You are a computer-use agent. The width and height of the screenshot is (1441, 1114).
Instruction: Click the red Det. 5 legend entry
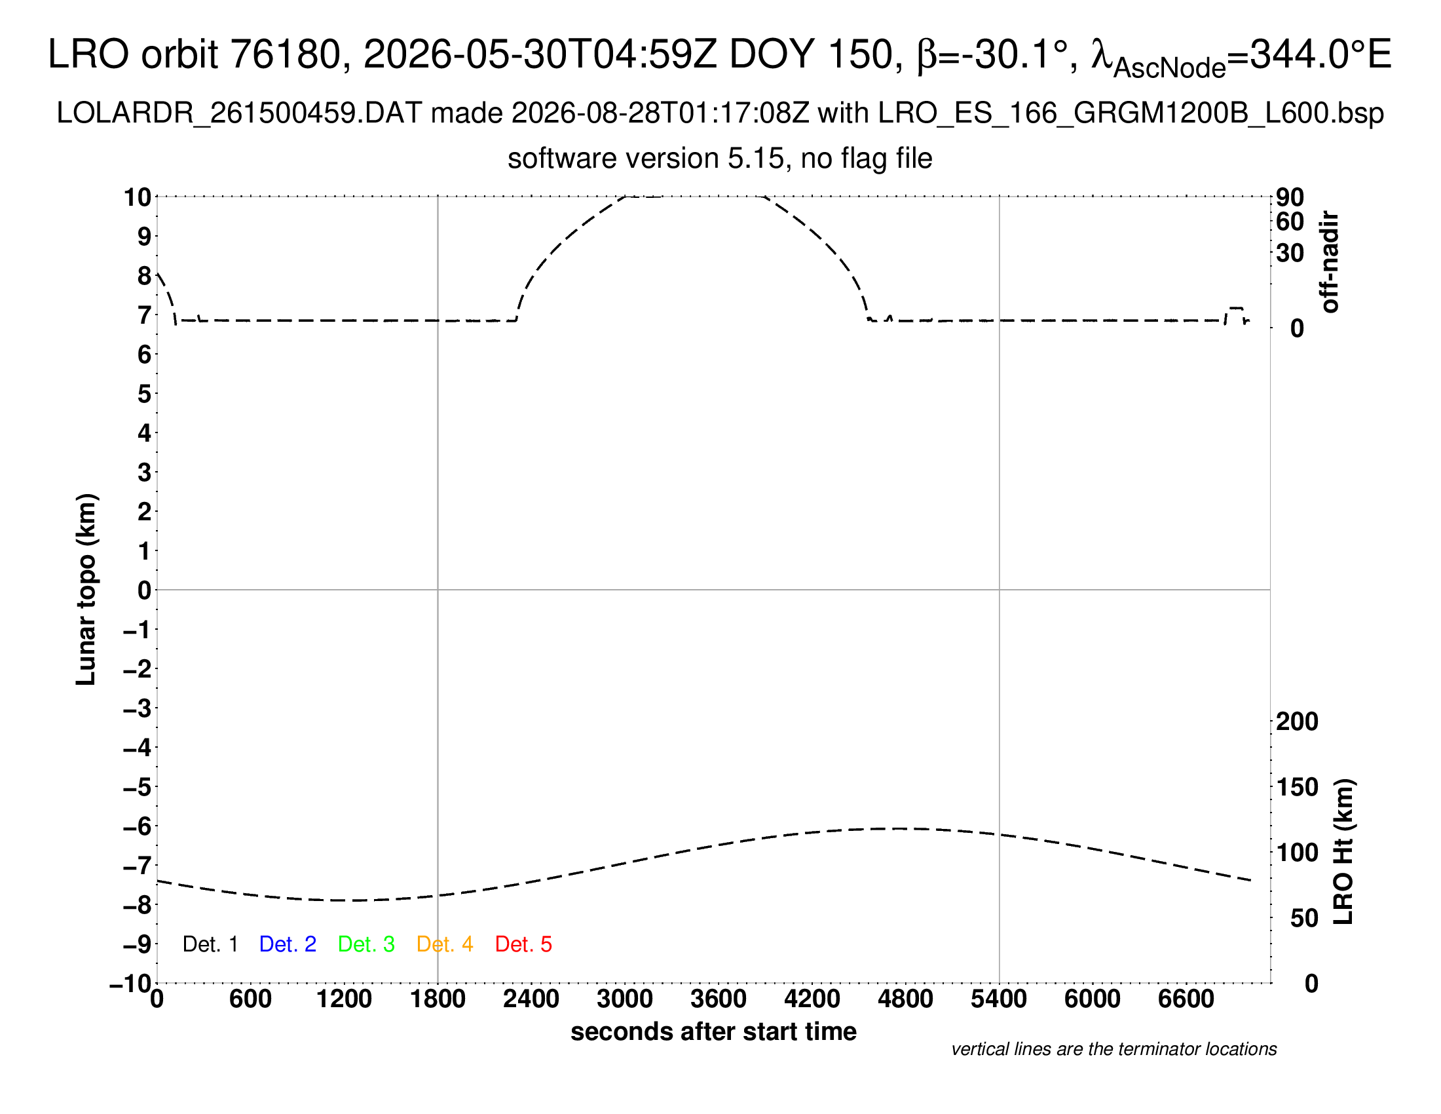[x=523, y=944]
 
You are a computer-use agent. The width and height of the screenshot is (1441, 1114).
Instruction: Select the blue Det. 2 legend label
[x=288, y=944]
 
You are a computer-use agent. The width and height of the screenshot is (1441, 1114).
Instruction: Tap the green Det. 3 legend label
[x=366, y=944]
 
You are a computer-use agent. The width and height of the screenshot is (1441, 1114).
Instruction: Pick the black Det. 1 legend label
[x=210, y=944]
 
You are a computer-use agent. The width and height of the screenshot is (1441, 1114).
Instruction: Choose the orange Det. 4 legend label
[x=445, y=944]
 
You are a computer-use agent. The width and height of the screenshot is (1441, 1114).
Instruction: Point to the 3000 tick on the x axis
[x=625, y=999]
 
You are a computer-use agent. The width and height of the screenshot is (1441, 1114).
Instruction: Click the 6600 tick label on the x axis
[x=1186, y=999]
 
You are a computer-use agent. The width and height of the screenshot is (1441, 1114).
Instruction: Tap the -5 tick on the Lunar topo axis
[x=138, y=787]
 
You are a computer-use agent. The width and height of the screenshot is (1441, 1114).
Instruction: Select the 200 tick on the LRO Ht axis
[x=1297, y=721]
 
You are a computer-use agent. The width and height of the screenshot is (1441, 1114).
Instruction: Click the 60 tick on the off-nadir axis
[x=1290, y=221]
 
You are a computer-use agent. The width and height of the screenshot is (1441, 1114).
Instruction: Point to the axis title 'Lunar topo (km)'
[x=86, y=589]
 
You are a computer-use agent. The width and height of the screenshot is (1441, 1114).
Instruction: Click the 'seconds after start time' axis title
[x=713, y=1031]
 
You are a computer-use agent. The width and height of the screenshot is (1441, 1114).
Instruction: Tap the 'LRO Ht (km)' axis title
[x=1343, y=852]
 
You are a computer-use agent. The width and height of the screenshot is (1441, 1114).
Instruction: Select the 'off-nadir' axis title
[x=1330, y=262]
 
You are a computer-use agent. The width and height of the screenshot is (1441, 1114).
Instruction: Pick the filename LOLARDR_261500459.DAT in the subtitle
[x=240, y=113]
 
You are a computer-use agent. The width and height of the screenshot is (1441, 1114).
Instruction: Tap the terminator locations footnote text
[x=1113, y=1049]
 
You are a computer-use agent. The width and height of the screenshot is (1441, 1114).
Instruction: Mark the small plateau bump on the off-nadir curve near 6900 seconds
[x=1235, y=308]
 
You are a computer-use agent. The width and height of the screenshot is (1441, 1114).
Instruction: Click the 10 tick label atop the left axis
[x=138, y=197]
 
